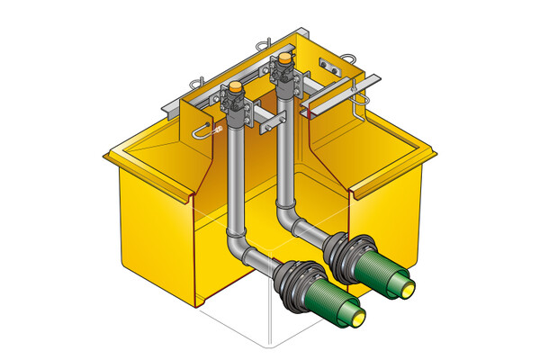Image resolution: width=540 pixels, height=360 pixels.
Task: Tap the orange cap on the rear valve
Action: coord(284,59)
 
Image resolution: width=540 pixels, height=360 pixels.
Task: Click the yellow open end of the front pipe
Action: coord(358,316)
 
